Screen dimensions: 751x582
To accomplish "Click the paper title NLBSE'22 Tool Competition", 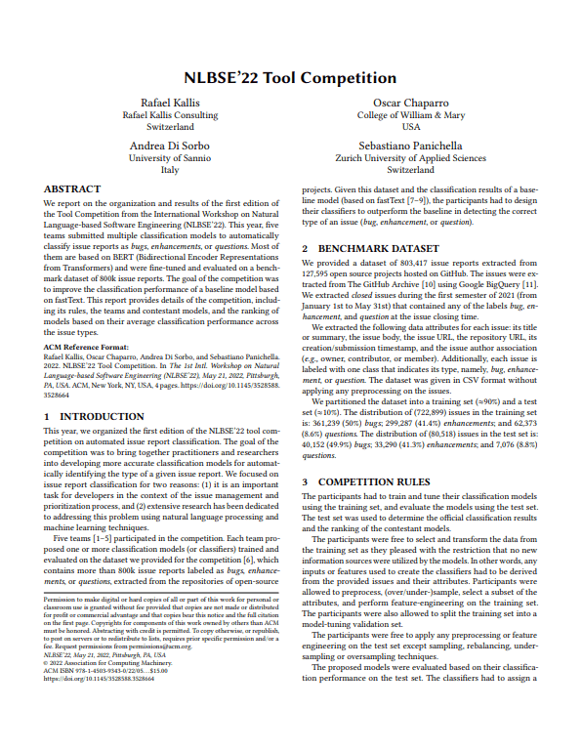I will [290, 77].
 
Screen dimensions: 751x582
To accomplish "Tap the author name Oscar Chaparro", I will [410, 103].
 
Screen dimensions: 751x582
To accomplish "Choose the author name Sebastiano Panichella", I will [410, 145].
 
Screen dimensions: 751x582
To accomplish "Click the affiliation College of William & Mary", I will [410, 115].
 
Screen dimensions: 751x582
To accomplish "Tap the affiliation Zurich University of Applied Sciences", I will [410, 157].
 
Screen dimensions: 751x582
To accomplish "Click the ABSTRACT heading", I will [73, 188].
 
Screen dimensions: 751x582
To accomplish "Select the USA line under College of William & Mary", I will [410, 127].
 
